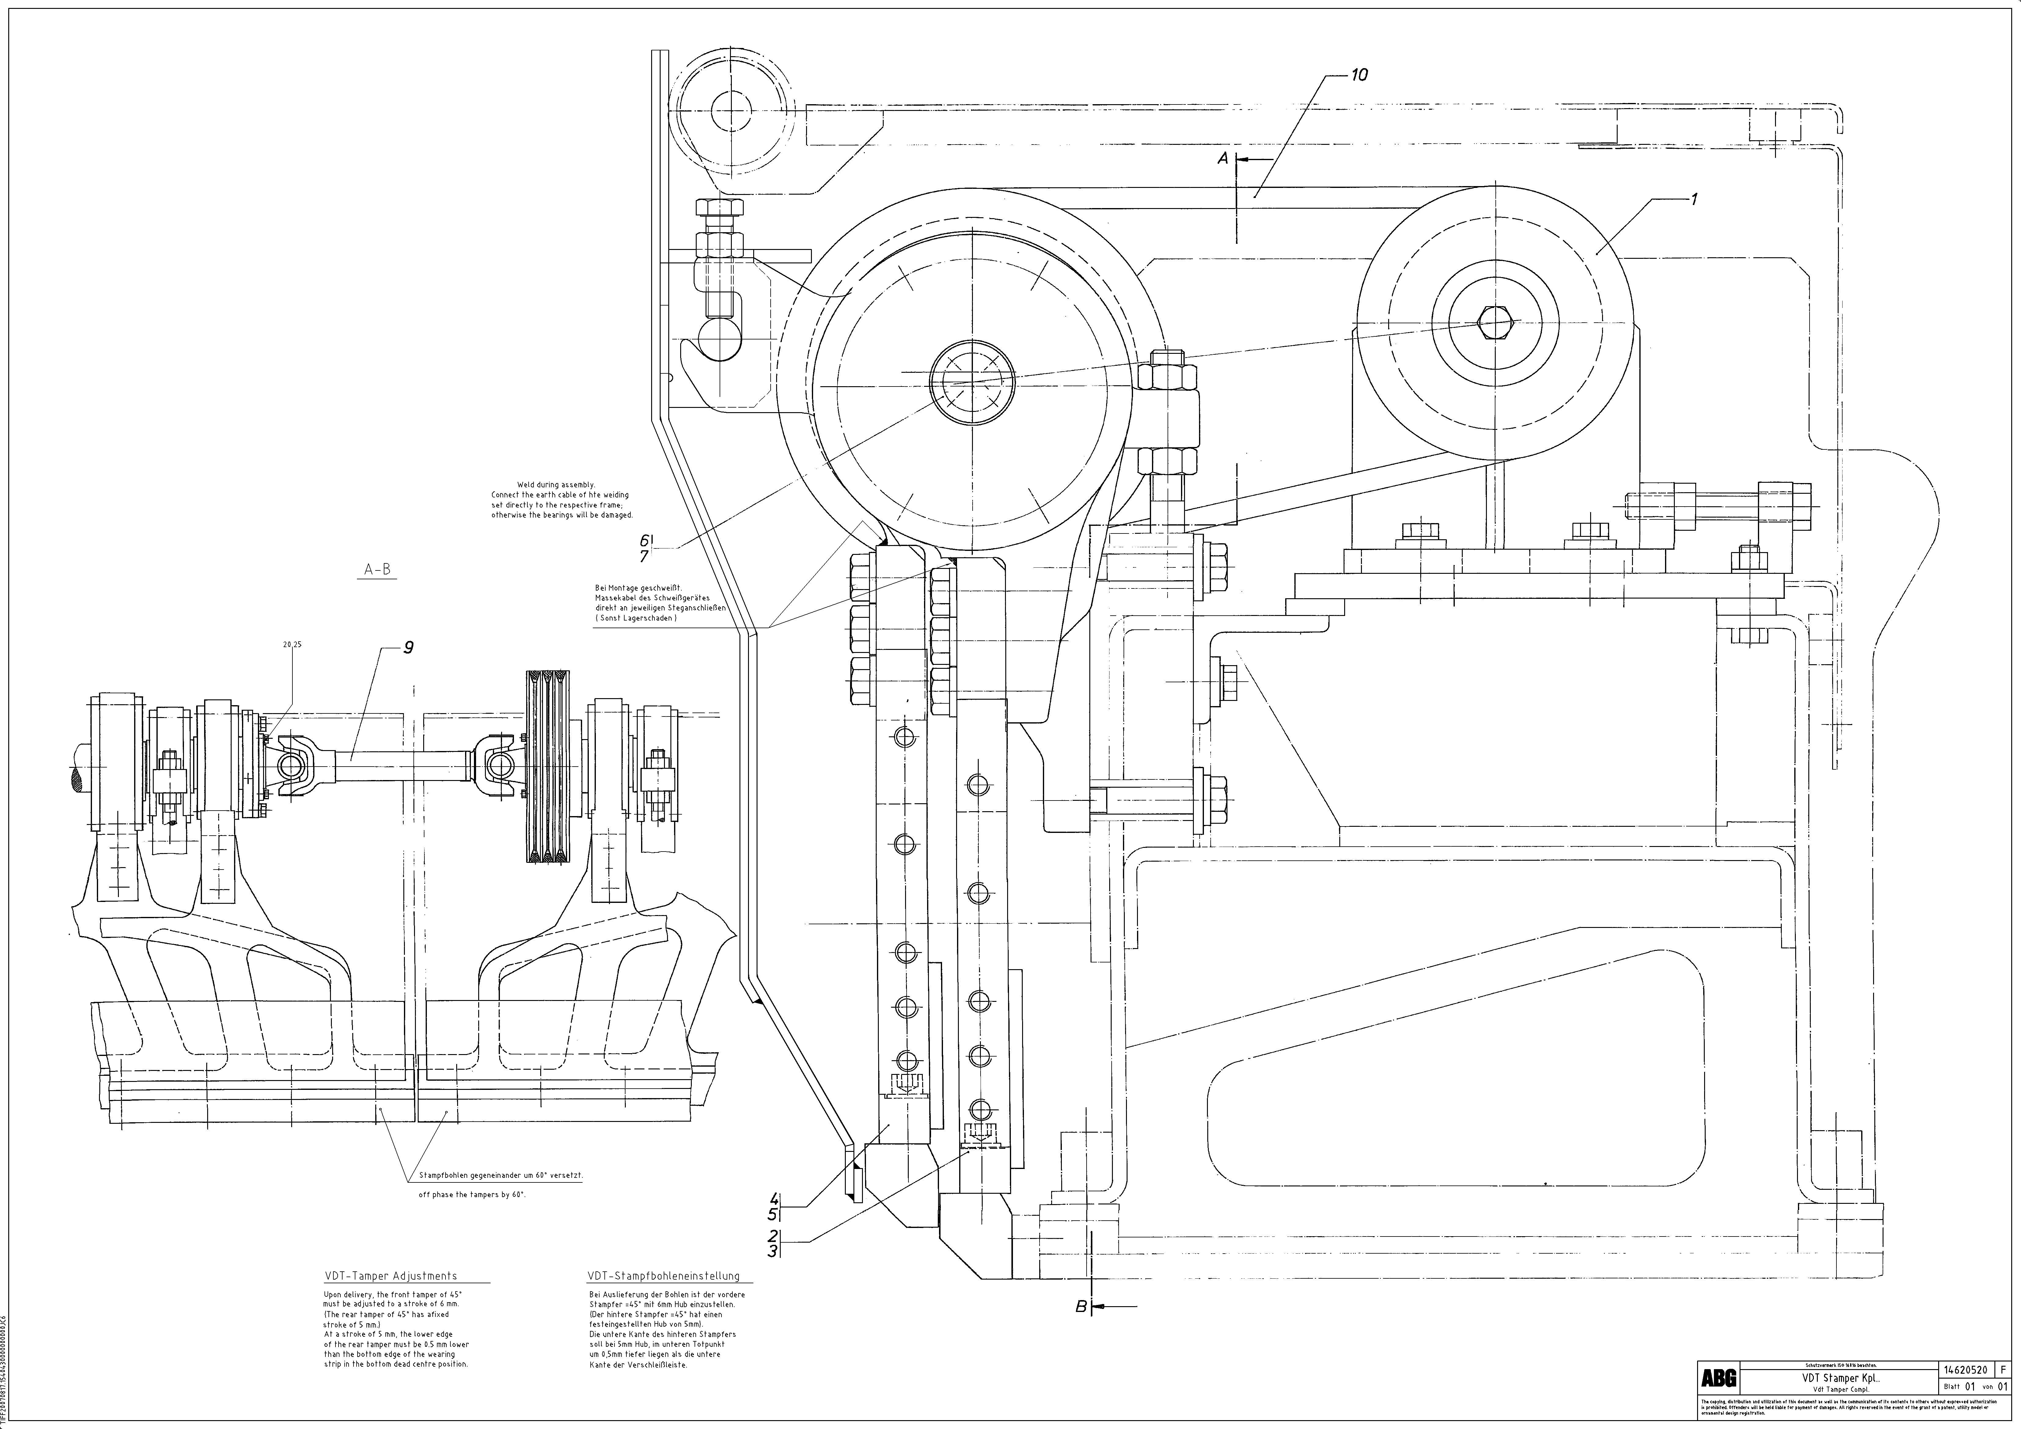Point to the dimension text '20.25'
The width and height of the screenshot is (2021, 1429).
292,644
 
